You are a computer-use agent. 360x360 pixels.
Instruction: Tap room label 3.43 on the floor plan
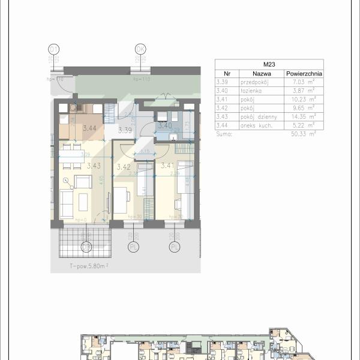93,166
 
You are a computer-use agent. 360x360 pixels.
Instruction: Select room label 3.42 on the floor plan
124,167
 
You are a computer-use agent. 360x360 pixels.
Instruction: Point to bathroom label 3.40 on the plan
165,125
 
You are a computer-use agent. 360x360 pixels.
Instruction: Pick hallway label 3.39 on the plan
125,130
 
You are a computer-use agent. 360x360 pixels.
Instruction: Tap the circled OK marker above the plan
141,49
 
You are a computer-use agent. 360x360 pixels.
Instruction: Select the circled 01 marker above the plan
55,49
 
